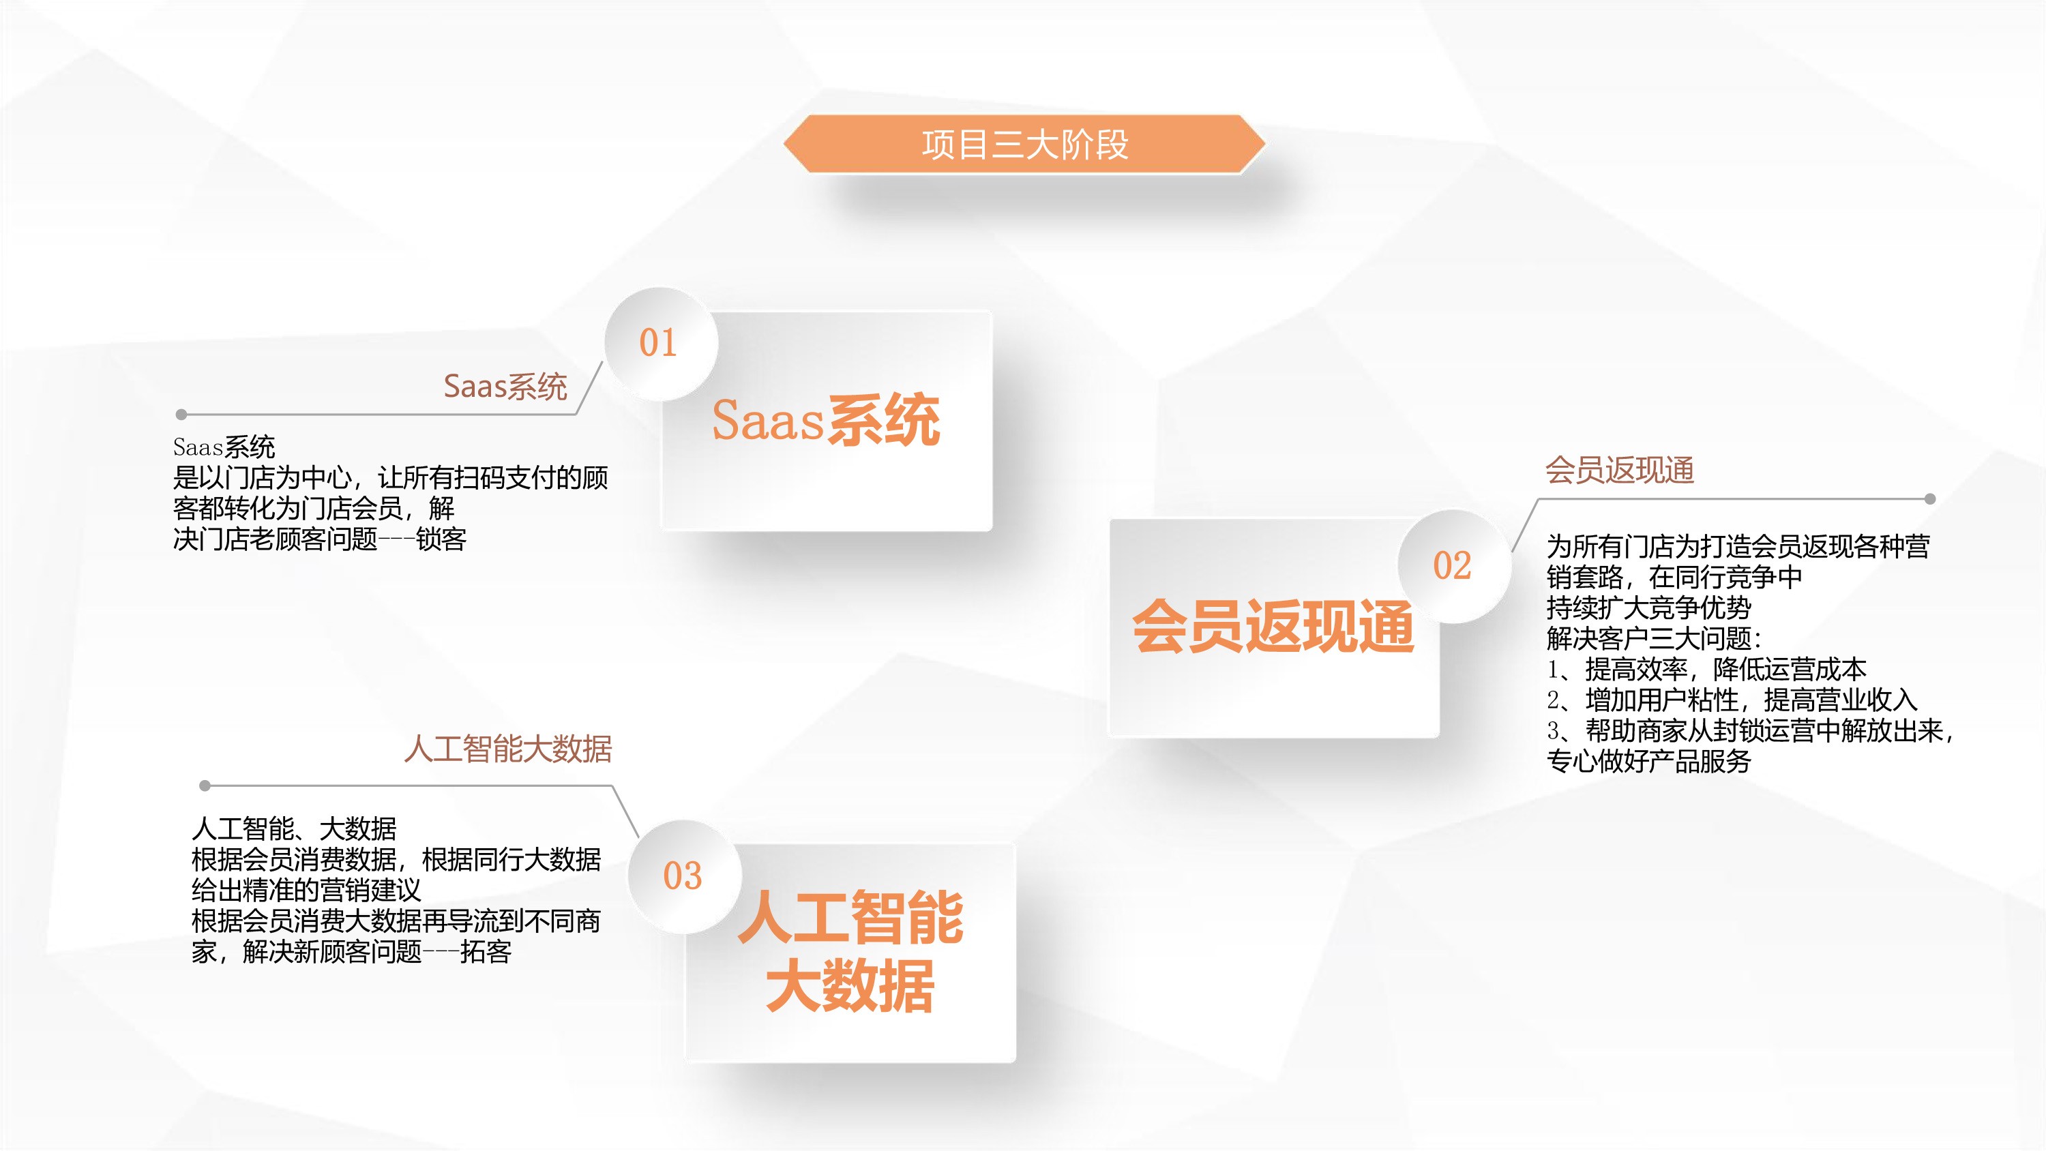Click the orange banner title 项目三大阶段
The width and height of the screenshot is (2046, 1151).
click(1024, 145)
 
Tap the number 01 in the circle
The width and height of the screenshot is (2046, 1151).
click(658, 343)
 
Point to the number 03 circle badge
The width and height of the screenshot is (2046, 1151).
click(683, 876)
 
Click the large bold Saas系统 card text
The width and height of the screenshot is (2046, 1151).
click(826, 419)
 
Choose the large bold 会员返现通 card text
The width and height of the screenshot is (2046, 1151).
click(1273, 627)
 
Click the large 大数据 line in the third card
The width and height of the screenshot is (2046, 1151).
click(850, 986)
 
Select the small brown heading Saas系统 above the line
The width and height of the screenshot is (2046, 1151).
click(505, 387)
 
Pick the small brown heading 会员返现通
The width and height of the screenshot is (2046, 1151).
click(1620, 470)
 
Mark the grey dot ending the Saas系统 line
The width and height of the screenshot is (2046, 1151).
click(181, 414)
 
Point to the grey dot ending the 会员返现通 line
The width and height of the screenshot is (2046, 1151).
click(1930, 499)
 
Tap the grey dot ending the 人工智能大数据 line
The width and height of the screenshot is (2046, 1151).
click(205, 786)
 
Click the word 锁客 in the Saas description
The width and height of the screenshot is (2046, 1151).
click(442, 539)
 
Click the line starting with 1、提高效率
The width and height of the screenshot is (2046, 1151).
click(1706, 669)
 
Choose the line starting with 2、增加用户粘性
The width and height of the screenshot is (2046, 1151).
click(1732, 700)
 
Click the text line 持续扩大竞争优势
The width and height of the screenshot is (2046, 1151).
click(1649, 608)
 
